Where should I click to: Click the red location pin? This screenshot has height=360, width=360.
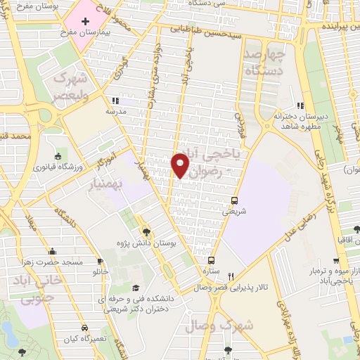pos(180,165)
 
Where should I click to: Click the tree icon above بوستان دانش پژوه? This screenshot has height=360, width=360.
pos(146,231)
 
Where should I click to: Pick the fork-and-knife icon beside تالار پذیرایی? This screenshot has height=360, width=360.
pos(240,276)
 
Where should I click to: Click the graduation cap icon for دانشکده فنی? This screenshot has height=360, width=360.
pos(135,287)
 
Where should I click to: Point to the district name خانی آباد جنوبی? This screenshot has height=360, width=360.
pos(28,291)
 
